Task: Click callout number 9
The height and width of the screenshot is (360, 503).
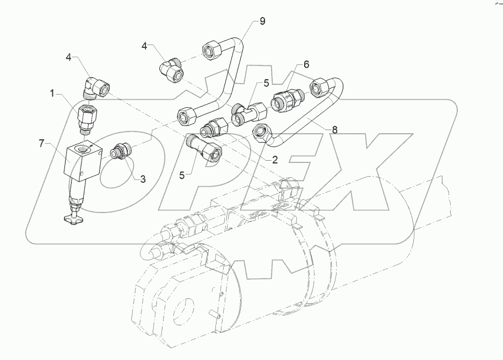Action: coord(263,21)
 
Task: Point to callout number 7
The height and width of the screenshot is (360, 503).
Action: coord(41,144)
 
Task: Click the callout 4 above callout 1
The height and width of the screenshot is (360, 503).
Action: coord(69,57)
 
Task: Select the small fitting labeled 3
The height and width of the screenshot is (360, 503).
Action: coord(119,151)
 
